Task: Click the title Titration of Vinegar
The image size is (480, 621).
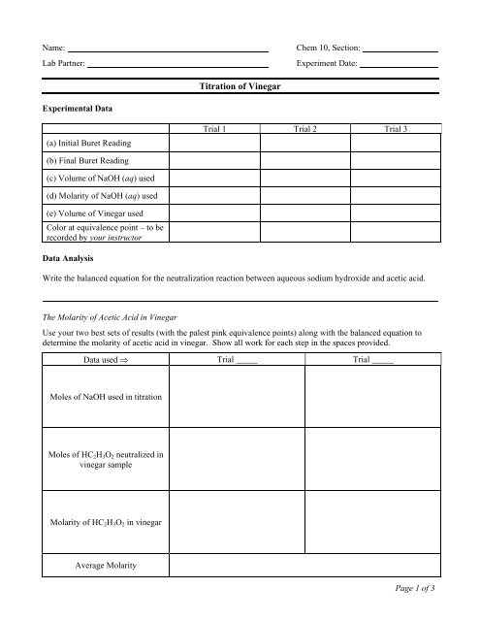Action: click(x=239, y=87)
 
